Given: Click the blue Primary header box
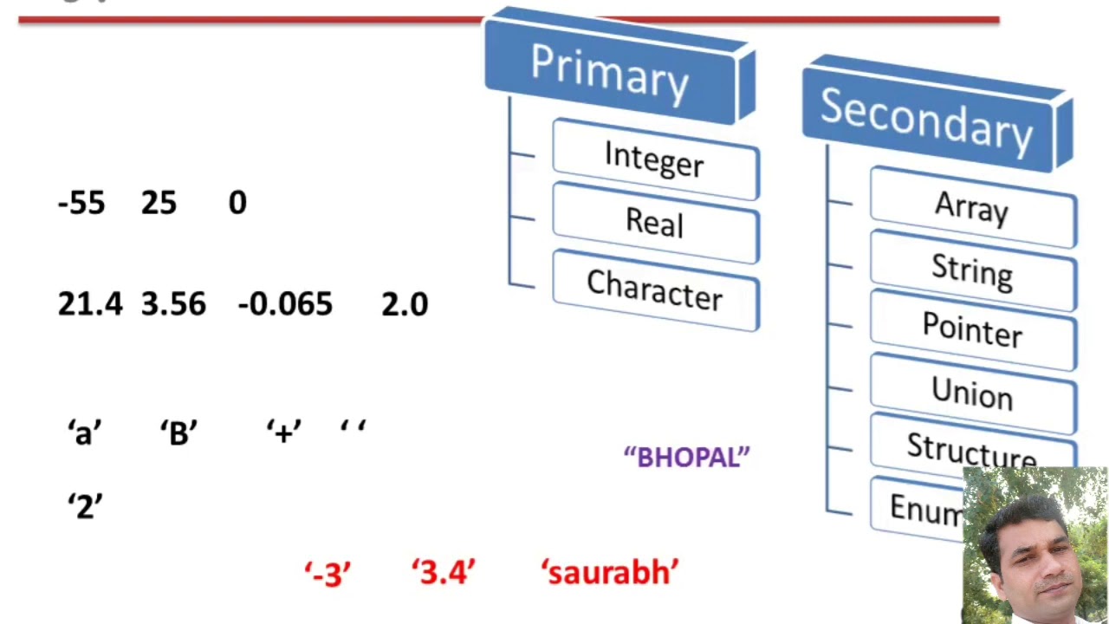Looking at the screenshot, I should [611, 69].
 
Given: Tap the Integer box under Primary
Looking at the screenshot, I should [655, 159].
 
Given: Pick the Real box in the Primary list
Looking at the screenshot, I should [655, 224].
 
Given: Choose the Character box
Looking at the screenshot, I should [655, 290].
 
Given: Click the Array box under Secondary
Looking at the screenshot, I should [972, 209].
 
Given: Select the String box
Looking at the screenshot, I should [972, 271].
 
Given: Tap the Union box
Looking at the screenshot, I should [972, 393].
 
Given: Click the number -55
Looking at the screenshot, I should [81, 204].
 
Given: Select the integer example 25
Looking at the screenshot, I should [159, 204].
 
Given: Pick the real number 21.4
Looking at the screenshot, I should [90, 304].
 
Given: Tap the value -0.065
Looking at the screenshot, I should [284, 304].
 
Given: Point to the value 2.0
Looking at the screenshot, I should [405, 304].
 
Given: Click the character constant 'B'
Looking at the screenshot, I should [178, 432].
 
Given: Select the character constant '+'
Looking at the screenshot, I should [283, 432].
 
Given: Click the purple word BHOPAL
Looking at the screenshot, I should [687, 458].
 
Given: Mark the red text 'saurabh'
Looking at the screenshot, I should [610, 573].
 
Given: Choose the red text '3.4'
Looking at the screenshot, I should [444, 573].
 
